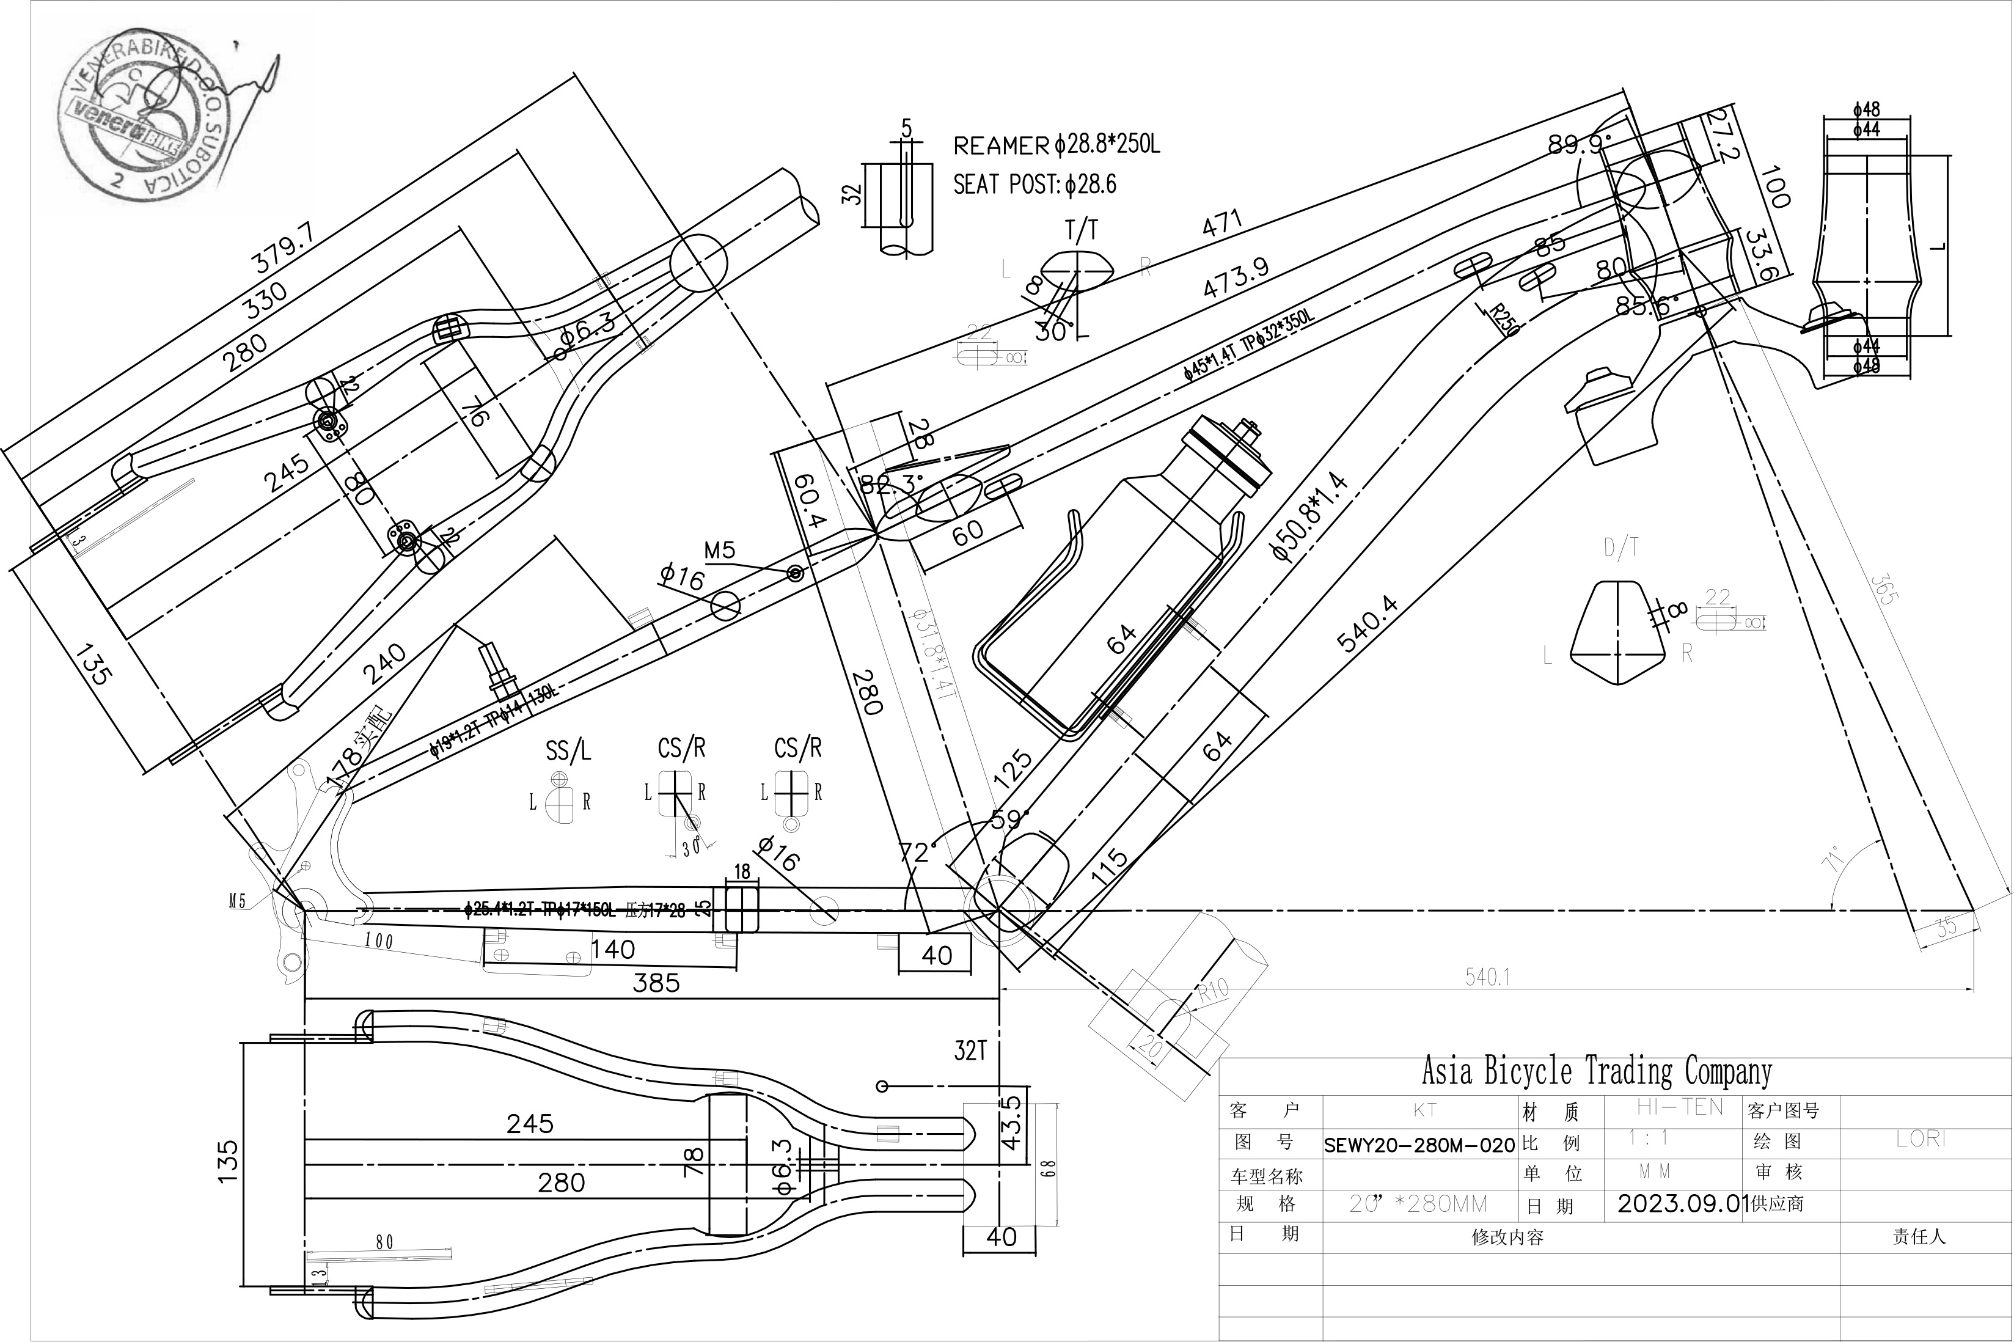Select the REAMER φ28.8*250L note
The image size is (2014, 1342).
(x=1056, y=145)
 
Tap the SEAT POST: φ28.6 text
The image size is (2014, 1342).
(x=1034, y=184)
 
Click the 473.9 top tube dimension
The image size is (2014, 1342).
(x=1236, y=278)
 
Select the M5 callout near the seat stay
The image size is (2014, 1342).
(x=720, y=551)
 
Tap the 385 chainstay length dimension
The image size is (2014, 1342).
(x=656, y=983)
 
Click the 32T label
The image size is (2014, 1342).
(x=970, y=1051)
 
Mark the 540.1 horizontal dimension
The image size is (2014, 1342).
(x=1487, y=977)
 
